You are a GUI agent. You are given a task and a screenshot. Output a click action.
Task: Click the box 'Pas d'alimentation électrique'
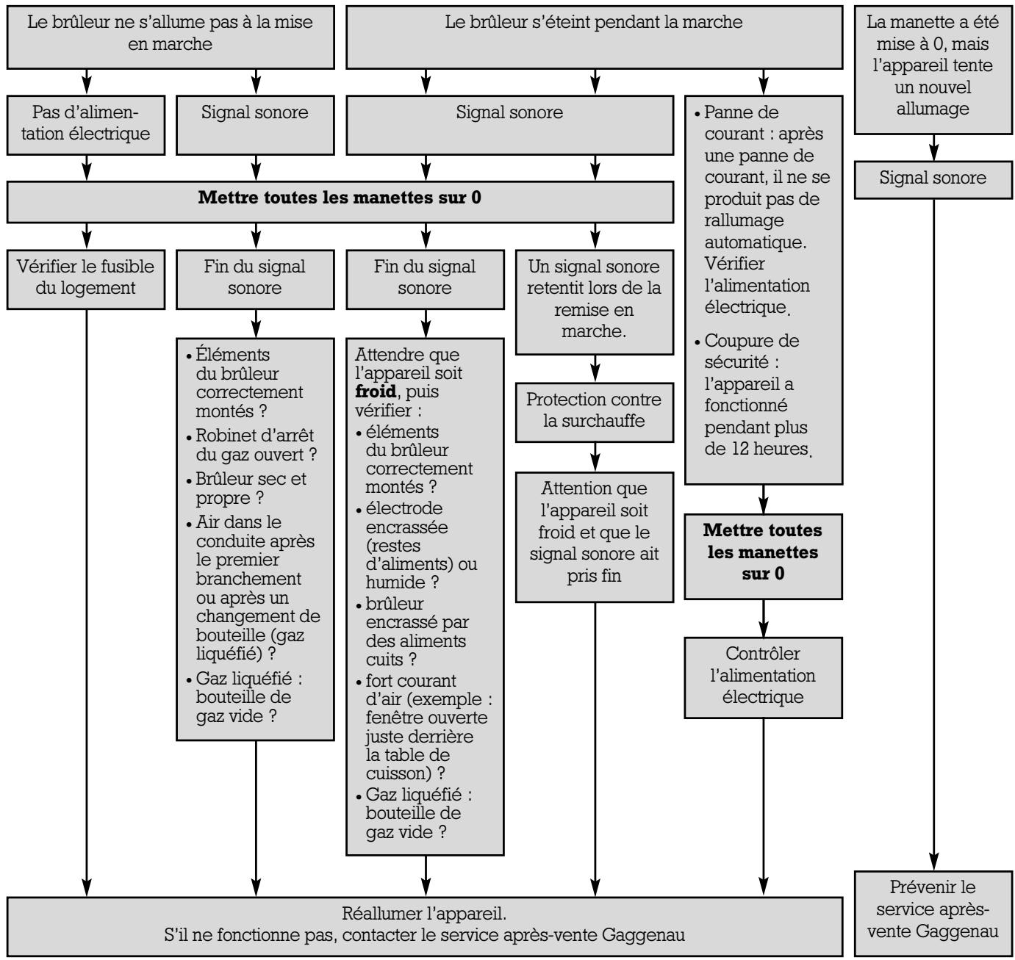[85, 123]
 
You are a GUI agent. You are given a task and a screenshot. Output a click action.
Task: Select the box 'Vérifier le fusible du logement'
[85, 277]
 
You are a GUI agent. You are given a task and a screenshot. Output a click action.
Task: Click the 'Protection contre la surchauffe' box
[594, 411]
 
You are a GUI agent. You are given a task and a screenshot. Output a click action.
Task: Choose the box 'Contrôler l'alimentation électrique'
[763, 675]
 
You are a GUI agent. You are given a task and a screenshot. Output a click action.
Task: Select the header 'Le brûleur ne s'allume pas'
[170, 33]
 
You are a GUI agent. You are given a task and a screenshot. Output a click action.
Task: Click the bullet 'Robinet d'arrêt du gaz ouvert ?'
[250, 444]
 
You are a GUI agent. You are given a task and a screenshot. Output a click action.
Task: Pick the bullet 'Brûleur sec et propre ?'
[250, 488]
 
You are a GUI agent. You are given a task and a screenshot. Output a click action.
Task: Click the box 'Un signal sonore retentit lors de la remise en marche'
[594, 299]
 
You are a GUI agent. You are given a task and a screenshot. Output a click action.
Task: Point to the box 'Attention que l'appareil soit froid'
[594, 531]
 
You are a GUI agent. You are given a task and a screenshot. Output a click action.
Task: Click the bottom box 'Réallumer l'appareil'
[424, 925]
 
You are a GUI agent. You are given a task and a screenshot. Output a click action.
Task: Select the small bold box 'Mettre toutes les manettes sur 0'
[763, 551]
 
